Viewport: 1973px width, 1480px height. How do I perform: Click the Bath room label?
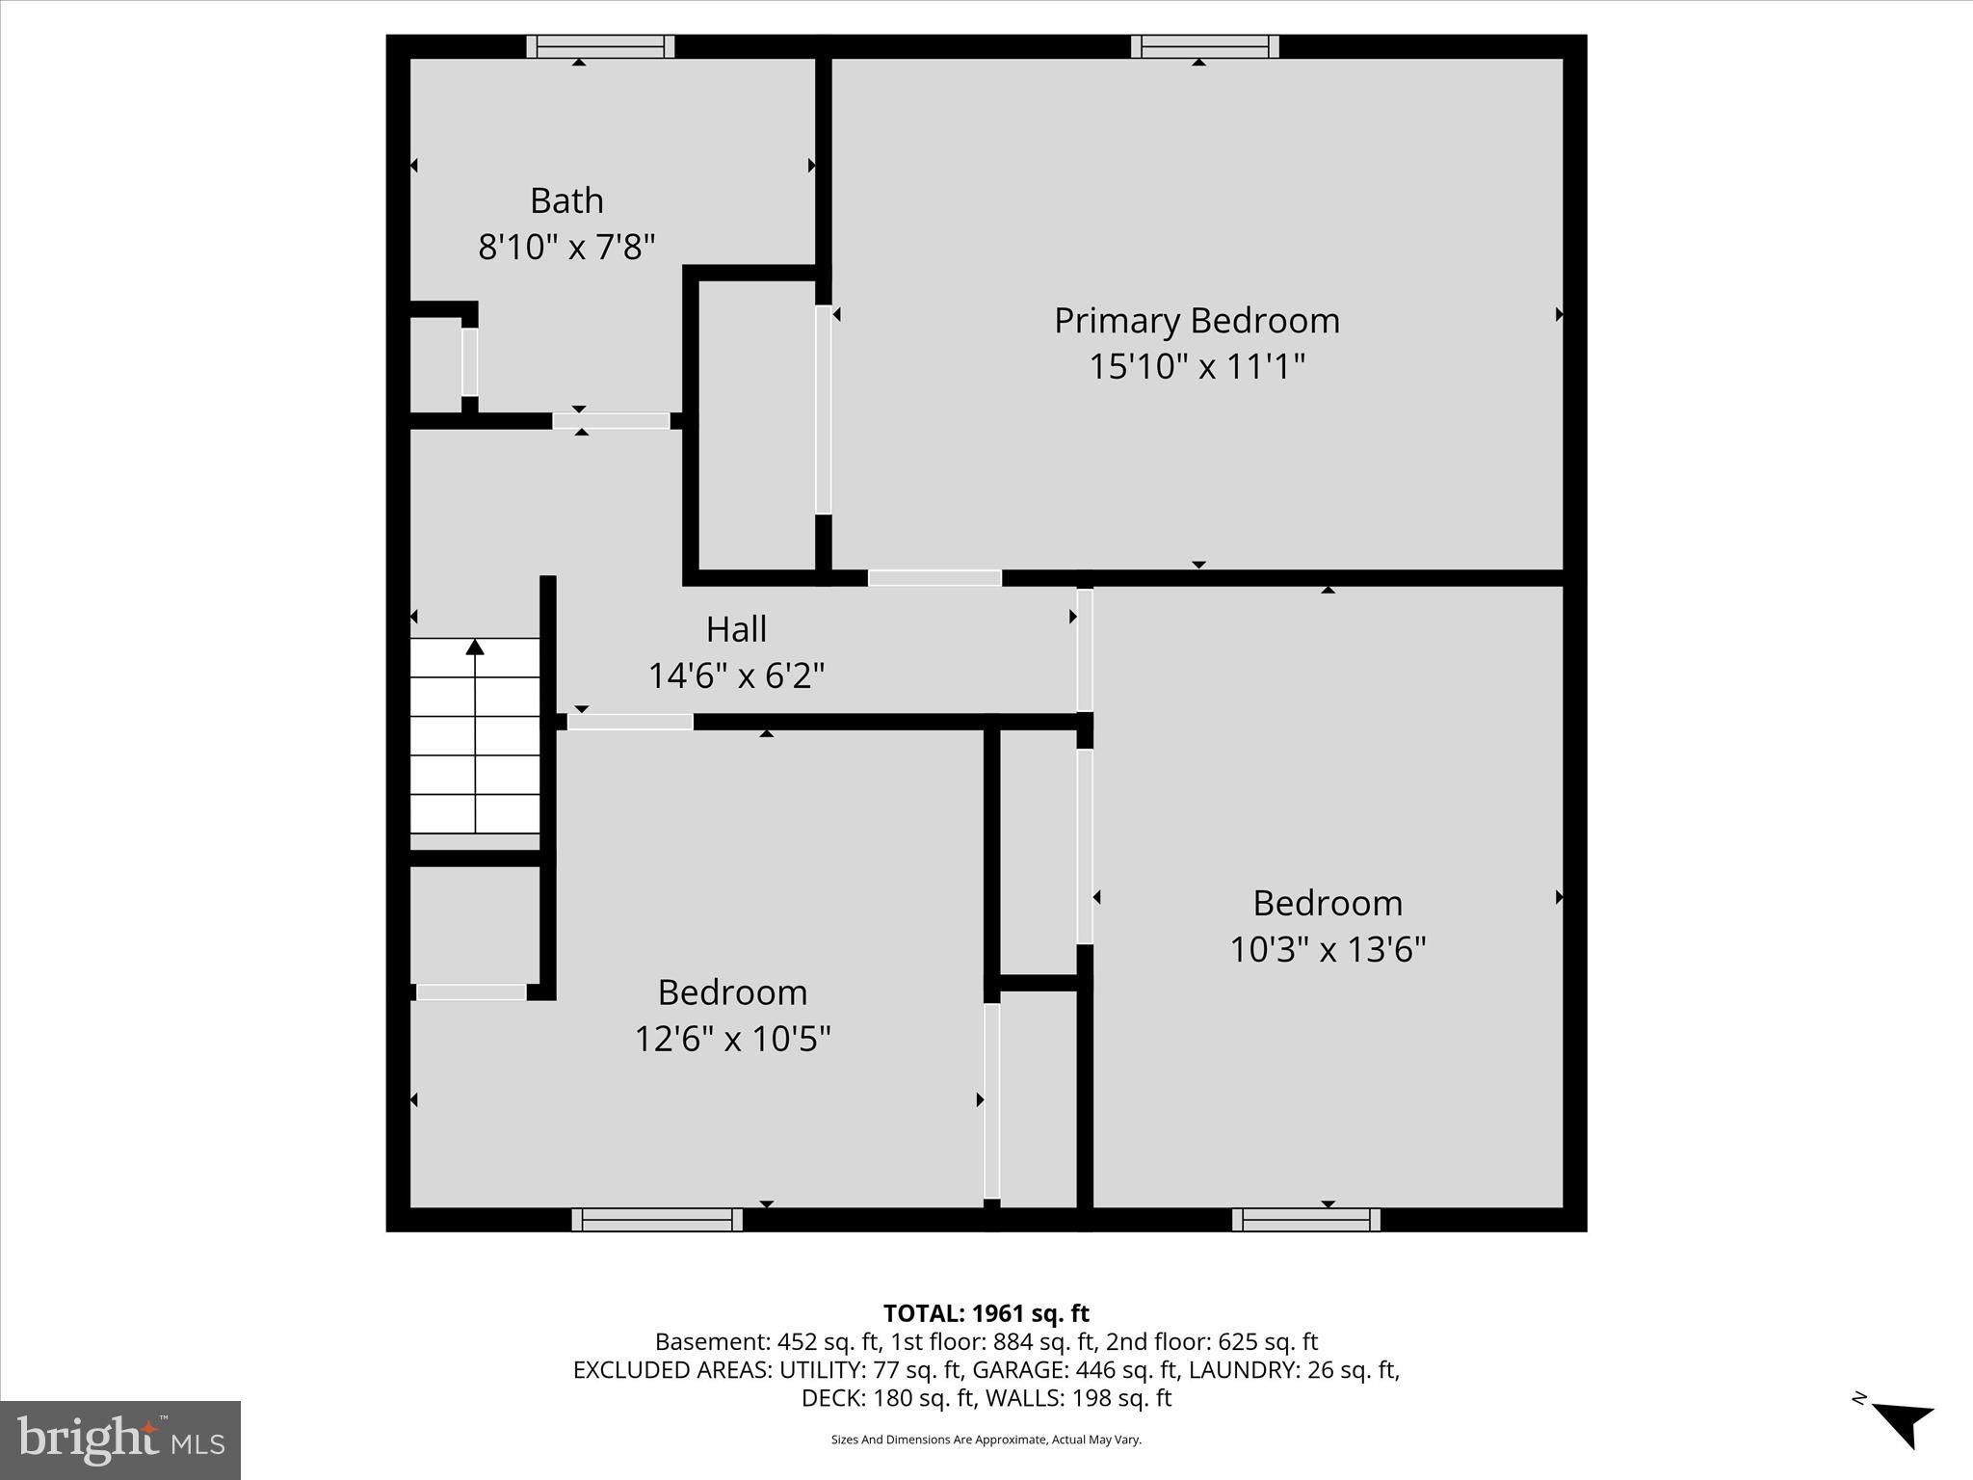566,200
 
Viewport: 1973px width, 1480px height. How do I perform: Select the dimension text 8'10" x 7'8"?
566,248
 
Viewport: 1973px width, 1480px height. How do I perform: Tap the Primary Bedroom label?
1197,321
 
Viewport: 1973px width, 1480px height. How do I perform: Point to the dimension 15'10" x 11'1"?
1197,367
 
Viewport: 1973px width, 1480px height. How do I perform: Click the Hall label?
736,629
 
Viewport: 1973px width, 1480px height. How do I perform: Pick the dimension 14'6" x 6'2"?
736,675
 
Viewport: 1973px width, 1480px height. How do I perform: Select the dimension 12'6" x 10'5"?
732,1039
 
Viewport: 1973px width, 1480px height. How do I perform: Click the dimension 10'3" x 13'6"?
1328,950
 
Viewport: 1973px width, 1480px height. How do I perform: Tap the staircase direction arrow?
475,647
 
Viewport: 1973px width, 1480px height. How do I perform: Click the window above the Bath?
600,46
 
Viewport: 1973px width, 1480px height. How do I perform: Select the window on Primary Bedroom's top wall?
1204,46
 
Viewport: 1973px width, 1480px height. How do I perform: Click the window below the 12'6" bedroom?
657,1220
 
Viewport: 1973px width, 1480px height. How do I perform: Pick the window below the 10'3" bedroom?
1305,1220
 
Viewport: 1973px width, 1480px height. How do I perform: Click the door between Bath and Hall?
611,421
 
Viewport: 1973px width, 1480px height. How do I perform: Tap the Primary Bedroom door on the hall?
934,578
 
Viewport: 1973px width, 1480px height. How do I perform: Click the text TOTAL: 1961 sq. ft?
986,1313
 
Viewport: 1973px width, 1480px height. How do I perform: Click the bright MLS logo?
120,1440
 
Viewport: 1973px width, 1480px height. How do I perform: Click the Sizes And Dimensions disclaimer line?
986,1440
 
